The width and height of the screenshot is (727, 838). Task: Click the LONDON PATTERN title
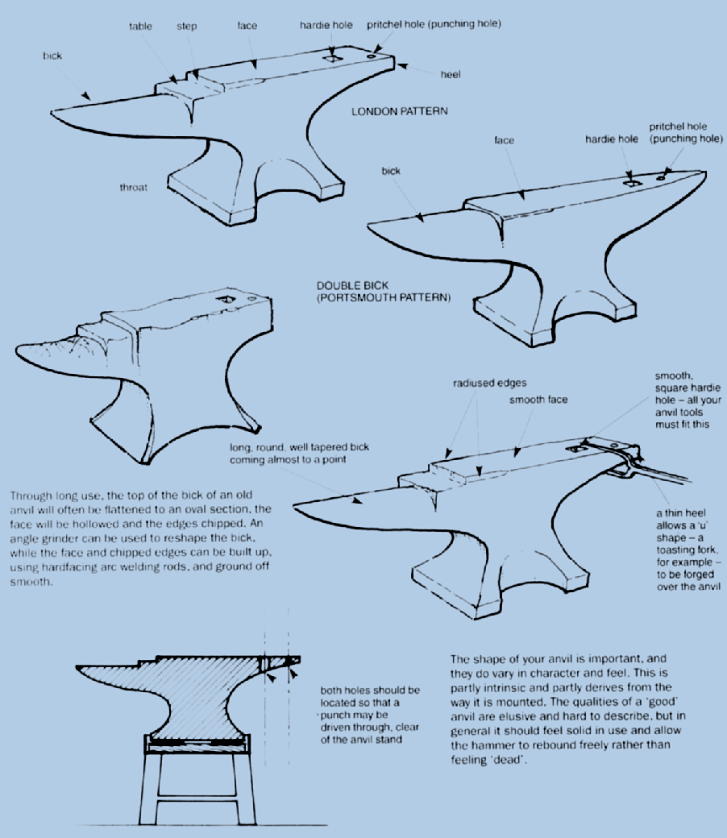tap(399, 111)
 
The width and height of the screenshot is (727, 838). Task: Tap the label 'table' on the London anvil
tap(140, 26)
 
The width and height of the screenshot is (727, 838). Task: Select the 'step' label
tap(186, 26)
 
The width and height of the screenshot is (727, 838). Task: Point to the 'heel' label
tap(450, 74)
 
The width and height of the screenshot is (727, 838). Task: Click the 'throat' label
tap(133, 187)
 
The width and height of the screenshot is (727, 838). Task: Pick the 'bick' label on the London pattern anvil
tap(52, 56)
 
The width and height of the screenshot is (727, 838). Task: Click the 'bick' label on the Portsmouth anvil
tap(391, 171)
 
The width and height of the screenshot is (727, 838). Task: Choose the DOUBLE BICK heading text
tap(352, 285)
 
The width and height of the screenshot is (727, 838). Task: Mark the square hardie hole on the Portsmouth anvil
tap(631, 183)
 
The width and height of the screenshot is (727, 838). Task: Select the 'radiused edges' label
tap(490, 384)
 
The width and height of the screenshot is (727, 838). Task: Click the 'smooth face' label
tap(538, 400)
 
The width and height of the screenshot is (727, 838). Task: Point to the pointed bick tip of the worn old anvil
tap(17, 349)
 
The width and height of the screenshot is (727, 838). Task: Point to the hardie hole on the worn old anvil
tap(226, 300)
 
